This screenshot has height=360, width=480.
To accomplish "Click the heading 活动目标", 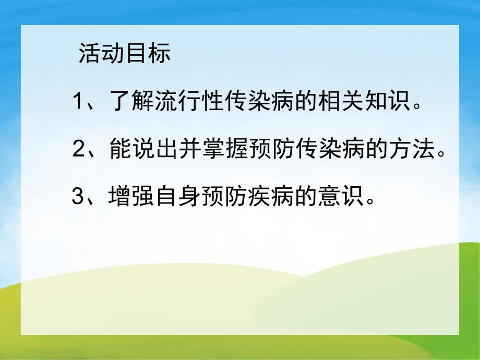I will (124, 54).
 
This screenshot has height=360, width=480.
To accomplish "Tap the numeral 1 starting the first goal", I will (79, 101).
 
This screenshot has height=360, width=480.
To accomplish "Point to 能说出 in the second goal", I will (143, 150).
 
